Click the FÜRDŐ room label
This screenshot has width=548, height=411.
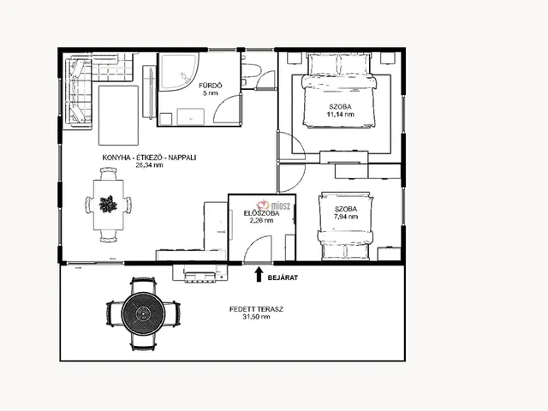[x=211, y=86]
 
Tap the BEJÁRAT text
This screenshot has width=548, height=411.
[x=283, y=277]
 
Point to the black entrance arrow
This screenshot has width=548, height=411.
[x=259, y=274]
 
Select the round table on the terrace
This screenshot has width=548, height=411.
[x=143, y=314]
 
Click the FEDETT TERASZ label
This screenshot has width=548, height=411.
[x=256, y=309]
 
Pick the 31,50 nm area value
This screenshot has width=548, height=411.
[x=256, y=317]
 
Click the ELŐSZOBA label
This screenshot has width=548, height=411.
[x=261, y=213]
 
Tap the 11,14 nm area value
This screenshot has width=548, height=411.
[x=340, y=114]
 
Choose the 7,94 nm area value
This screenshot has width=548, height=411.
[x=346, y=217]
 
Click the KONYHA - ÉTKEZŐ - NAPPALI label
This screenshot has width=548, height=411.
[x=149, y=158]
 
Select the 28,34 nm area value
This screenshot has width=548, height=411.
[x=149, y=165]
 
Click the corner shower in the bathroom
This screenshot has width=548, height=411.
[x=179, y=71]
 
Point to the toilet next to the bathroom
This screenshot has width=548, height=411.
[x=250, y=72]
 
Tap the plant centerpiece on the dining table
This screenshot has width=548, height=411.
[x=108, y=204]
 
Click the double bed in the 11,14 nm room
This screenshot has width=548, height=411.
[x=339, y=90]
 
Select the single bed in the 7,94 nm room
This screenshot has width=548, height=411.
[x=345, y=226]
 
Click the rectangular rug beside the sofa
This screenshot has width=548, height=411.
[x=118, y=116]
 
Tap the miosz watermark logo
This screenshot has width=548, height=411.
[x=273, y=205]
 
